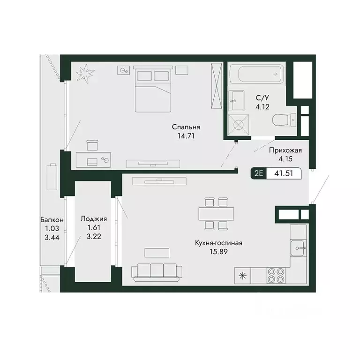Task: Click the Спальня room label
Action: [x=186, y=127]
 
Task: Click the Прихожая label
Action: [x=285, y=150]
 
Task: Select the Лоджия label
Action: [x=94, y=218]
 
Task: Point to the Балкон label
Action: [x=52, y=219]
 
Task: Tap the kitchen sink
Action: [x=298, y=247]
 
